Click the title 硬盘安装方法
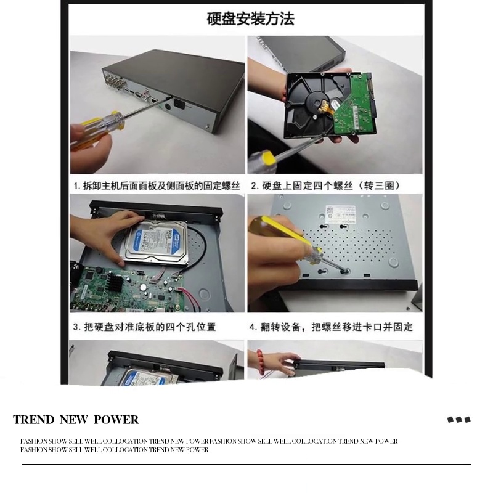(x=250, y=18)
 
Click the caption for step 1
(x=158, y=185)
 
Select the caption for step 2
(x=325, y=185)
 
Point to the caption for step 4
(x=330, y=326)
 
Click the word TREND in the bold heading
(x=34, y=420)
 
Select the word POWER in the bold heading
(x=116, y=420)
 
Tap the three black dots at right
(x=458, y=420)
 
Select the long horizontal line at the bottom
(x=246, y=465)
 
